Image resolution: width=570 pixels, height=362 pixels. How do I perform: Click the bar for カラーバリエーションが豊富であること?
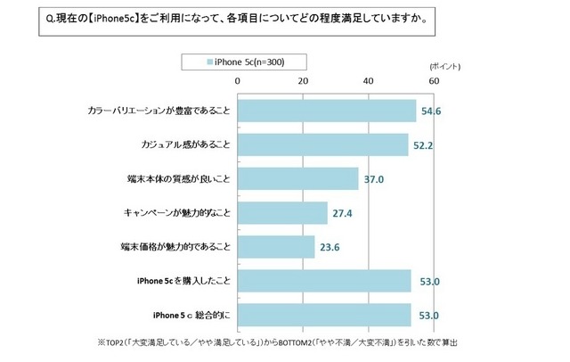click(327, 111)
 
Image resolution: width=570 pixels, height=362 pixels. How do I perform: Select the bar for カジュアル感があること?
click(322, 144)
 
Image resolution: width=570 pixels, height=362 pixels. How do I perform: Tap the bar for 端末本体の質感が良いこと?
click(297, 178)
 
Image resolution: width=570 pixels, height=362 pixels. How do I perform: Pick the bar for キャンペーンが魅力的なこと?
click(282, 212)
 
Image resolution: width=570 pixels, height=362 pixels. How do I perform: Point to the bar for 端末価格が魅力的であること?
click(276, 246)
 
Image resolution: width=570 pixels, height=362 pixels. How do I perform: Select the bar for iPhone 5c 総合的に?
click(324, 315)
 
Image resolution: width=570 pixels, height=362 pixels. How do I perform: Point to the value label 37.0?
click(374, 179)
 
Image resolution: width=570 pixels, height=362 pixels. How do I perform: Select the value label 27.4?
click(343, 213)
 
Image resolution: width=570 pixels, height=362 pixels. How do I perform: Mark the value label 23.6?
click(330, 247)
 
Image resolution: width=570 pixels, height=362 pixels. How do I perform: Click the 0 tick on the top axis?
click(238, 80)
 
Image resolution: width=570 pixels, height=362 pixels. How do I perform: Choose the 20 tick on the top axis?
click(303, 80)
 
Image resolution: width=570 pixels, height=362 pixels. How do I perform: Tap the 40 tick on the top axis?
click(369, 80)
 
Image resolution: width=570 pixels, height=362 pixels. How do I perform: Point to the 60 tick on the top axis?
click(434, 80)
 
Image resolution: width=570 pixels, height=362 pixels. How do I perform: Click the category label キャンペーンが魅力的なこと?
click(176, 213)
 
